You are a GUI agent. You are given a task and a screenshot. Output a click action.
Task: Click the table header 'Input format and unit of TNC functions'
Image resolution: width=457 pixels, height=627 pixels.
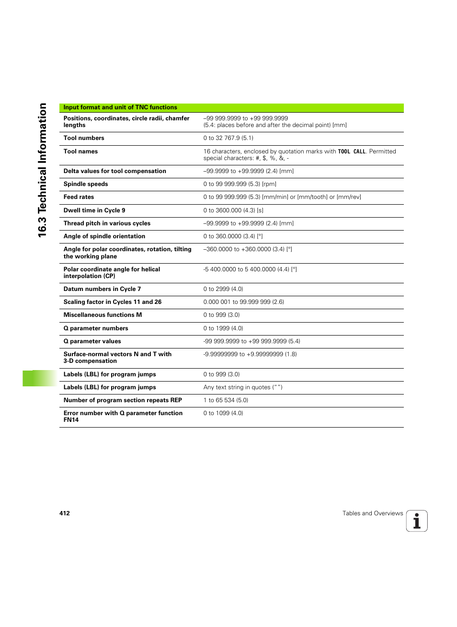[x=120, y=107]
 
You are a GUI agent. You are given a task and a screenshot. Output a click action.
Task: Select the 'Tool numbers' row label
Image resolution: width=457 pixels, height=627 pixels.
[x=84, y=138]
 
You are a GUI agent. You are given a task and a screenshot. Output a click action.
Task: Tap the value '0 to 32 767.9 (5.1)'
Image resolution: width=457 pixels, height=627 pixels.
[x=228, y=138]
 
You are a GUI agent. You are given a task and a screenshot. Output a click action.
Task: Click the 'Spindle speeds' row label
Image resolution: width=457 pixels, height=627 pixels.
[x=86, y=184]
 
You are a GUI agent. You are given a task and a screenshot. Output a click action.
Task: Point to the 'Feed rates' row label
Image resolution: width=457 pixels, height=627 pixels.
[x=79, y=197]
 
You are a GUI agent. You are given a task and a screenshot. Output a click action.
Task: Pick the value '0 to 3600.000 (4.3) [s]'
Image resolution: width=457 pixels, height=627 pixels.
[x=233, y=210]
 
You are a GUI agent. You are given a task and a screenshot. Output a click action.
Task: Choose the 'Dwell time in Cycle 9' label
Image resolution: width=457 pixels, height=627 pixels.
[x=94, y=210]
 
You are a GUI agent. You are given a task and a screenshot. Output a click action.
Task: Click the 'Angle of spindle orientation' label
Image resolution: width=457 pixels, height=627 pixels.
[x=104, y=236]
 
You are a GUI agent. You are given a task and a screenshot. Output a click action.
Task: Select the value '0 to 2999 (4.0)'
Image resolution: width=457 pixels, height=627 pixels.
[x=223, y=289]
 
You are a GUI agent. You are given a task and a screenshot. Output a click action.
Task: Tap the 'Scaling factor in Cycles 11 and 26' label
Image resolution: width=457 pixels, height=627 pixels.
[x=113, y=302]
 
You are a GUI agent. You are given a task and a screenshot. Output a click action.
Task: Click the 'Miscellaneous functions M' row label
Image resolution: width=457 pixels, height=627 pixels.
[x=103, y=315]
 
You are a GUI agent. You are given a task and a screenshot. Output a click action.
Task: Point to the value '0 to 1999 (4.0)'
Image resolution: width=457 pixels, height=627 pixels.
[x=223, y=328]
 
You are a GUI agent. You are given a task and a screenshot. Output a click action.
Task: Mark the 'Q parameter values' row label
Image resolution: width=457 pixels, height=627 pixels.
[x=92, y=341]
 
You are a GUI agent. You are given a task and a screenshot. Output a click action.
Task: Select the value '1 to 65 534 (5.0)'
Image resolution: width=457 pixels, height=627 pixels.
[x=226, y=400]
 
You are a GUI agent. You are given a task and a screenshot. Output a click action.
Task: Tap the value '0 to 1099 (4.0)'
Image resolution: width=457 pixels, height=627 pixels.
[x=223, y=413]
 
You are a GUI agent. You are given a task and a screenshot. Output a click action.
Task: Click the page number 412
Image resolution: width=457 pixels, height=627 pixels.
[x=65, y=513]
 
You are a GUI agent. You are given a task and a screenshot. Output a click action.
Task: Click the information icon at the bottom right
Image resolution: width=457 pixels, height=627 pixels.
[x=417, y=521]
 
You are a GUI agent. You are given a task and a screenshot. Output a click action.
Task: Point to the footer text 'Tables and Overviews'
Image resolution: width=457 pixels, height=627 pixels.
[x=373, y=513]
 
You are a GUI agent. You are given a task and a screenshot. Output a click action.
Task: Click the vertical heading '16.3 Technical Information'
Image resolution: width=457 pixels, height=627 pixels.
[x=43, y=170]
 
